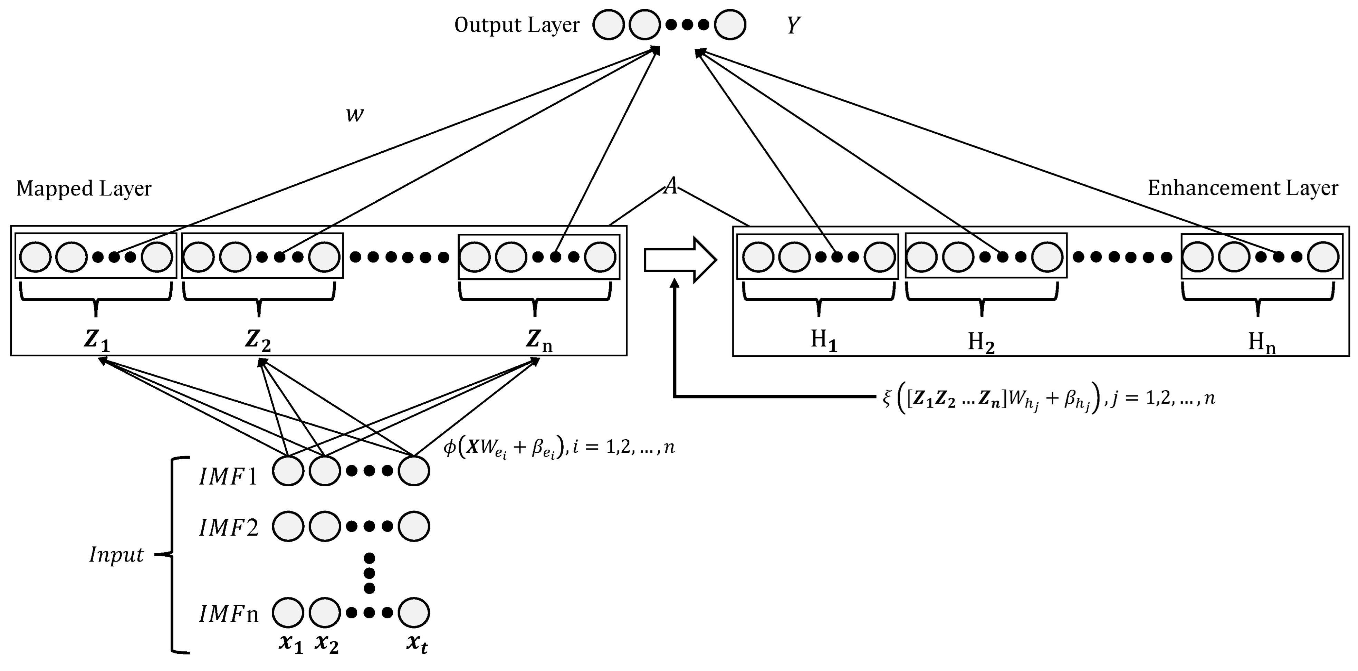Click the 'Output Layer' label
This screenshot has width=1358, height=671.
(x=517, y=25)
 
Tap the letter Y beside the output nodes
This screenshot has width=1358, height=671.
(x=793, y=25)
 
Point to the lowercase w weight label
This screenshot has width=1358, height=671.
(x=355, y=114)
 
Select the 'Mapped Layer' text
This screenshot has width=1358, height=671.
(x=84, y=189)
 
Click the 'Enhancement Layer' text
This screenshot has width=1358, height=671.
(x=1243, y=188)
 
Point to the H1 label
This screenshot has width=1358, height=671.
(x=823, y=341)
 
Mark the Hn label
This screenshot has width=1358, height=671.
(x=1262, y=343)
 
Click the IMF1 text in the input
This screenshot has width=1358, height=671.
(x=228, y=477)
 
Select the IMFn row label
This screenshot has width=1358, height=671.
(x=228, y=614)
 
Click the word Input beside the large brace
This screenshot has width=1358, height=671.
(x=116, y=555)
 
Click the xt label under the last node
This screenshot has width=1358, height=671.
(x=417, y=644)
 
